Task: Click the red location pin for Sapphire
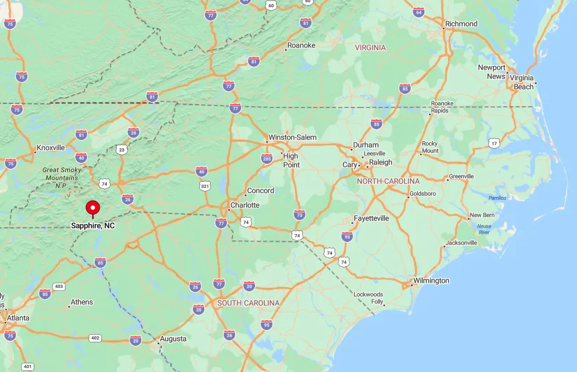93,208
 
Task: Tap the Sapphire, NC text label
93,226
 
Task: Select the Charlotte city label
245,205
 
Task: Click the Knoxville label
51,148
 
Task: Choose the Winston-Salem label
292,137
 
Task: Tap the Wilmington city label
431,280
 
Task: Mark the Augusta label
173,339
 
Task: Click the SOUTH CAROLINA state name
248,303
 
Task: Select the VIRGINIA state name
370,48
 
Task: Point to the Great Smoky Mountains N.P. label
61,178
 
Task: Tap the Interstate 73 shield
300,214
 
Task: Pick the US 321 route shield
205,186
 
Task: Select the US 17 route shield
494,143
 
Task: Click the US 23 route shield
121,149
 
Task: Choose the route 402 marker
95,338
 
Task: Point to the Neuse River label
484,229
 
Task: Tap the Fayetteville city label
371,218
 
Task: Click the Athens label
82,302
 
